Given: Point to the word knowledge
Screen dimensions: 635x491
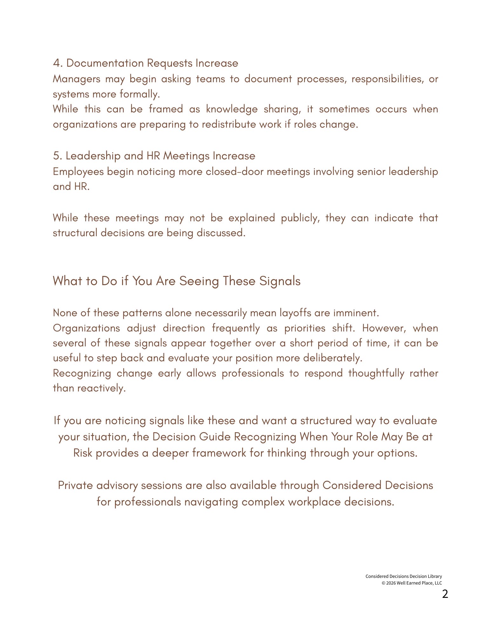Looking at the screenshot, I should pos(232,109).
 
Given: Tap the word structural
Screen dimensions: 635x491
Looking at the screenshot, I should pos(75,233).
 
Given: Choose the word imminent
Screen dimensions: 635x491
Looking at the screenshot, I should pos(356,313).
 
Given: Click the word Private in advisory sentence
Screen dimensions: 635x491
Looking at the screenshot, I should pos(75,485).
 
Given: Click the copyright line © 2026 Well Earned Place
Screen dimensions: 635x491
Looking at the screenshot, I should pos(412,583).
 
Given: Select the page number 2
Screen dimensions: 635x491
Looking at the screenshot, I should pos(445,594).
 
